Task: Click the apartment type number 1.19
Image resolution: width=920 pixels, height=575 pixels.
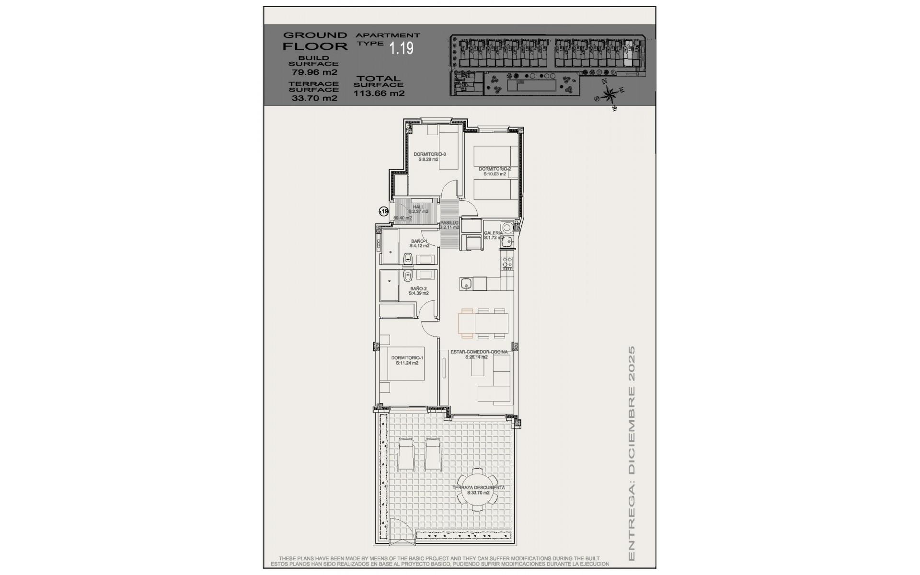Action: pyautogui.click(x=401, y=48)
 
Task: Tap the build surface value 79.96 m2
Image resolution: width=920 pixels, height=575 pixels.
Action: pyautogui.click(x=314, y=73)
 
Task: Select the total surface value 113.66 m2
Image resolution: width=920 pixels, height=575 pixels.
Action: pyautogui.click(x=379, y=93)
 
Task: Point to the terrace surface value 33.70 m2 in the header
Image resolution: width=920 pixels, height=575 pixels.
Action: pyautogui.click(x=314, y=98)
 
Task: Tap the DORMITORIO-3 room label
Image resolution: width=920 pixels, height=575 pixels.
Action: pyautogui.click(x=429, y=157)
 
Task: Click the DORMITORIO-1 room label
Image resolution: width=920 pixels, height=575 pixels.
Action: pyautogui.click(x=407, y=360)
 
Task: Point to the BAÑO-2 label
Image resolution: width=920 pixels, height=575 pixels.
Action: pyautogui.click(x=418, y=290)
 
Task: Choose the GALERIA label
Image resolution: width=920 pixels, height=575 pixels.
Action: pyautogui.click(x=494, y=235)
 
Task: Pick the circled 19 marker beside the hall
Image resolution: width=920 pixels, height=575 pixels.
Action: pyautogui.click(x=383, y=211)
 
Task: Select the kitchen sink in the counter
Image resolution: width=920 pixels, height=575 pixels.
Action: pyautogui.click(x=466, y=285)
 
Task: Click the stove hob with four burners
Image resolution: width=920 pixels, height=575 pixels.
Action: pyautogui.click(x=507, y=262)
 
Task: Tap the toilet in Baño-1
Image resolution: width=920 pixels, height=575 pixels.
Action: pyautogui.click(x=408, y=259)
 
